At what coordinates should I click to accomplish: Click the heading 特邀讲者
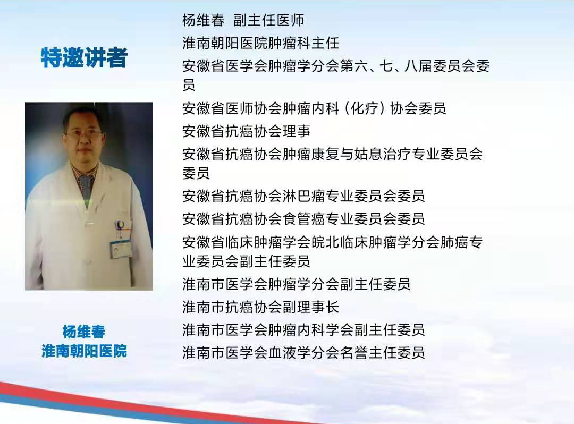pos(84,58)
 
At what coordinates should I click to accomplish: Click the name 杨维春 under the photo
pos(84,332)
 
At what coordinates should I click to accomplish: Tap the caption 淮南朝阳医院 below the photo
pos(84,351)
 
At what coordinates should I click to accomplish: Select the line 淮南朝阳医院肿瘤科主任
pos(260,43)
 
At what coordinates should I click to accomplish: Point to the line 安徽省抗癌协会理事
pos(246,131)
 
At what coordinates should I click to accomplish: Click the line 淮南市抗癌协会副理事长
pos(260,307)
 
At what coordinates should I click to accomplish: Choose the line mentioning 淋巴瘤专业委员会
pos(303,196)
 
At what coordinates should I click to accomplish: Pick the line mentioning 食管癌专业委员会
pos(303,218)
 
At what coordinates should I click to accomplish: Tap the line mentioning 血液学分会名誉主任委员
pos(303,353)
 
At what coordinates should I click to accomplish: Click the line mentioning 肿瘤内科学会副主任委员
pos(303,330)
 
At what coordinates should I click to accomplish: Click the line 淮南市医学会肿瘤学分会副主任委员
pos(297,284)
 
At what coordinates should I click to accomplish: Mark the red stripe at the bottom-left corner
pos(32,394)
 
